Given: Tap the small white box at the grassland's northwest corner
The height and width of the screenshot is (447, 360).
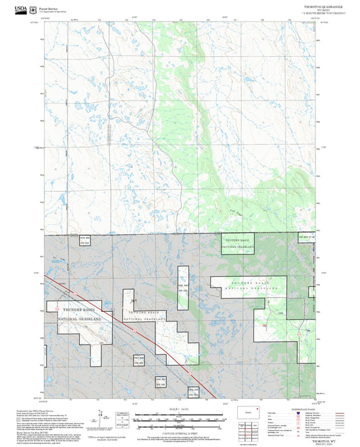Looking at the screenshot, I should click(x=84, y=241).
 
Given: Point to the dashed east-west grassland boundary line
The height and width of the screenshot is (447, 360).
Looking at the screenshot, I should click(x=135, y=234).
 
